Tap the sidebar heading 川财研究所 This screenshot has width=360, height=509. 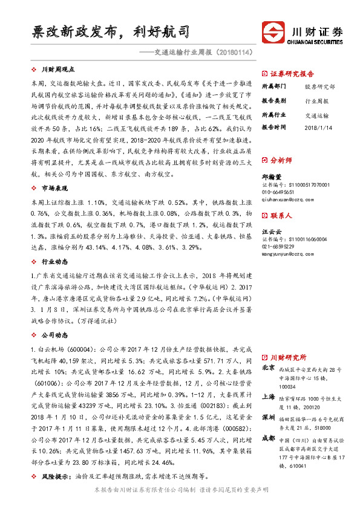(x=288, y=357)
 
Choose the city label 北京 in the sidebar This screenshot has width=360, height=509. (x=268, y=368)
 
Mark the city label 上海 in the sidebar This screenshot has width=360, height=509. (x=268, y=396)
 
